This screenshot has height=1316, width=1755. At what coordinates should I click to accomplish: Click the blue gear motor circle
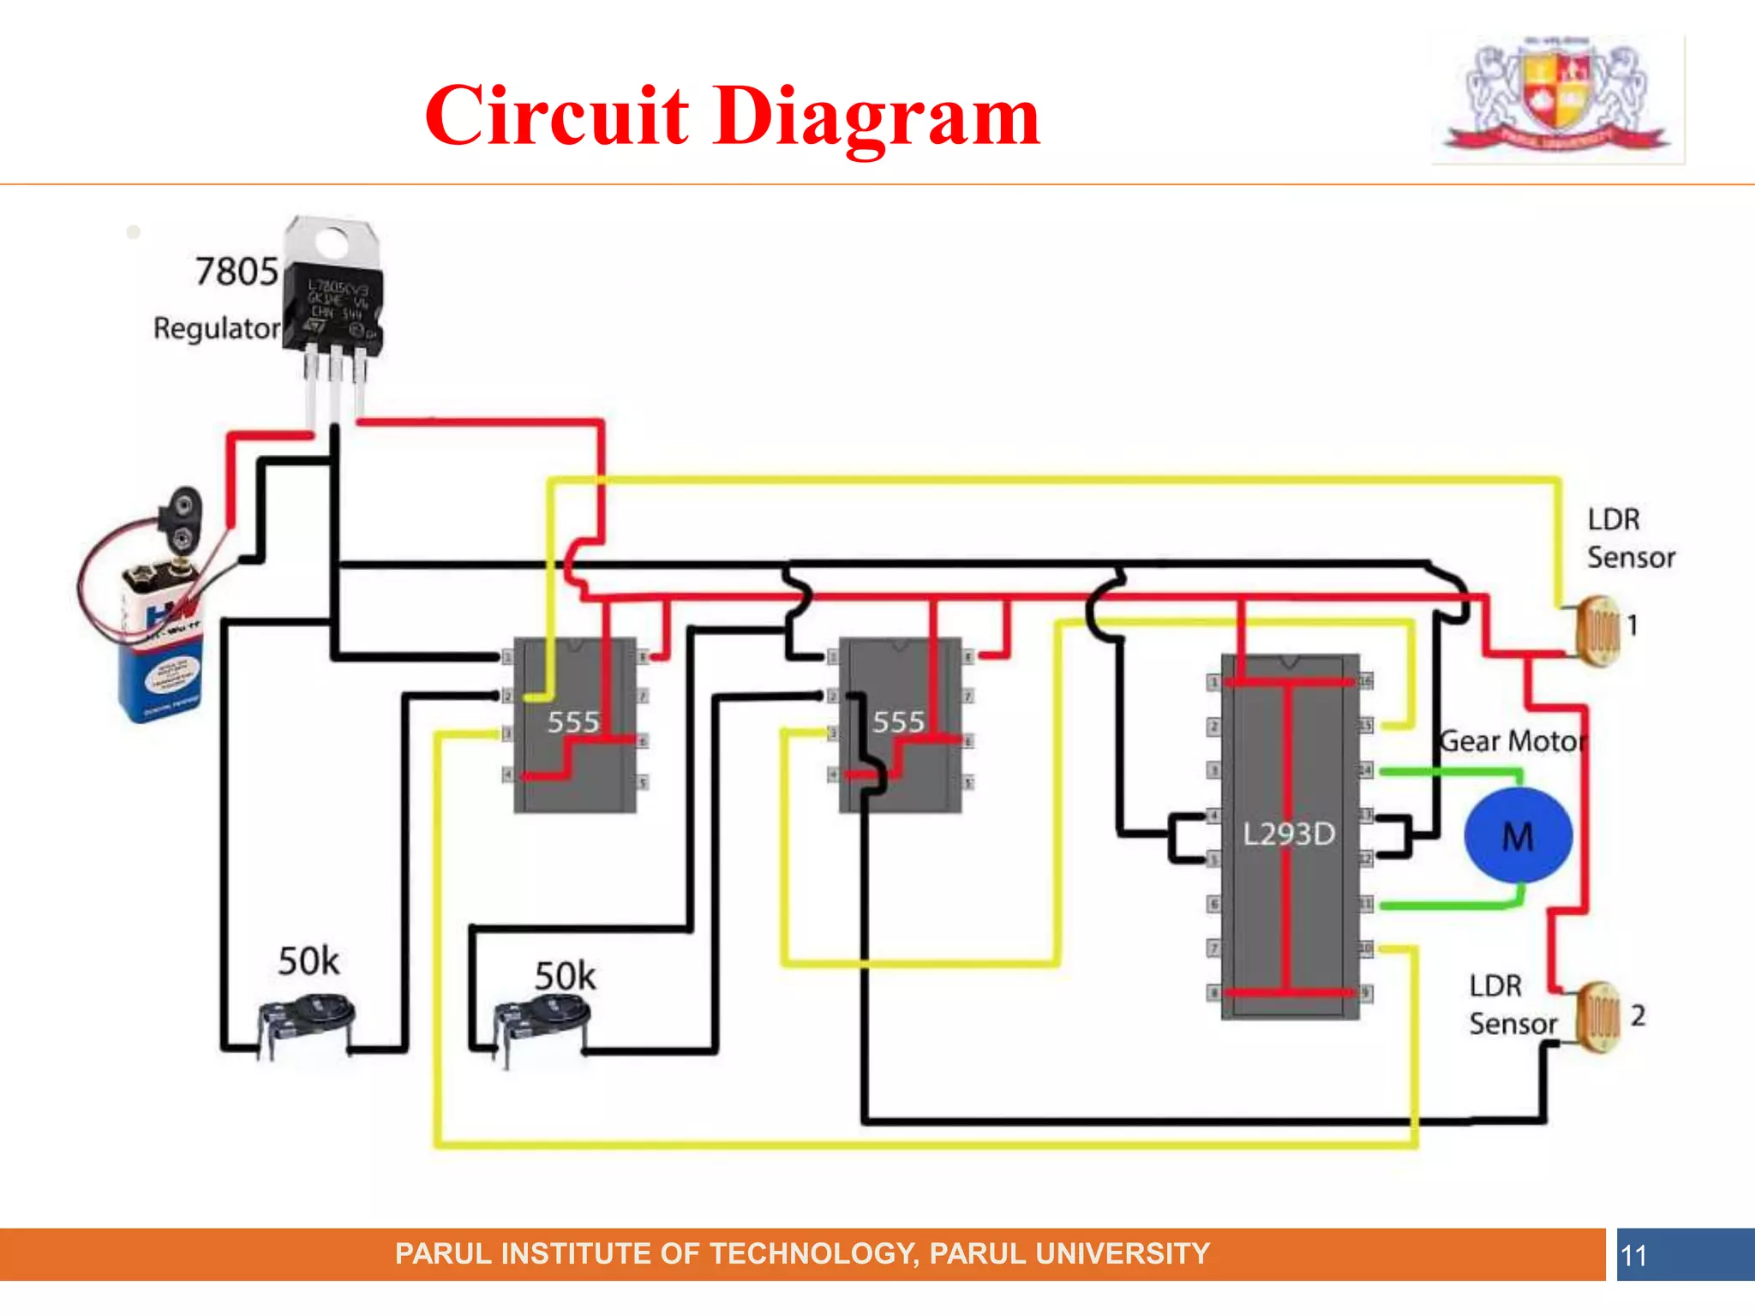click(1518, 835)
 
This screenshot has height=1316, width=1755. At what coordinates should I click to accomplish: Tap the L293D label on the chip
click(1289, 834)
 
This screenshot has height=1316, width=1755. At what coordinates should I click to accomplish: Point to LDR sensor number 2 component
click(1600, 1017)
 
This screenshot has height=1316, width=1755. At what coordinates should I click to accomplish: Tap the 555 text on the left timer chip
click(573, 722)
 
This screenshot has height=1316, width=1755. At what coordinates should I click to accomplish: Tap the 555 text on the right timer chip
click(898, 722)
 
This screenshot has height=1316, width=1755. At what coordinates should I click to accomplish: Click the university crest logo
click(1558, 99)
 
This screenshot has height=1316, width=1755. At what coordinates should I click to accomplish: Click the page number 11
click(1633, 1256)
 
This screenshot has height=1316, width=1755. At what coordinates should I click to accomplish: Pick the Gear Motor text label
click(1513, 741)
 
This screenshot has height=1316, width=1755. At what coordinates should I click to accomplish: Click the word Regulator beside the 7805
click(216, 328)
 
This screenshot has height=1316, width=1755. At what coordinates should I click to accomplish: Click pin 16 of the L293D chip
click(1365, 681)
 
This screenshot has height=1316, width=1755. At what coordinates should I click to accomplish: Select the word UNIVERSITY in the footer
click(1123, 1253)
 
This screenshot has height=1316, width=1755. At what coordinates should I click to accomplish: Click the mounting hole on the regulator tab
click(332, 243)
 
